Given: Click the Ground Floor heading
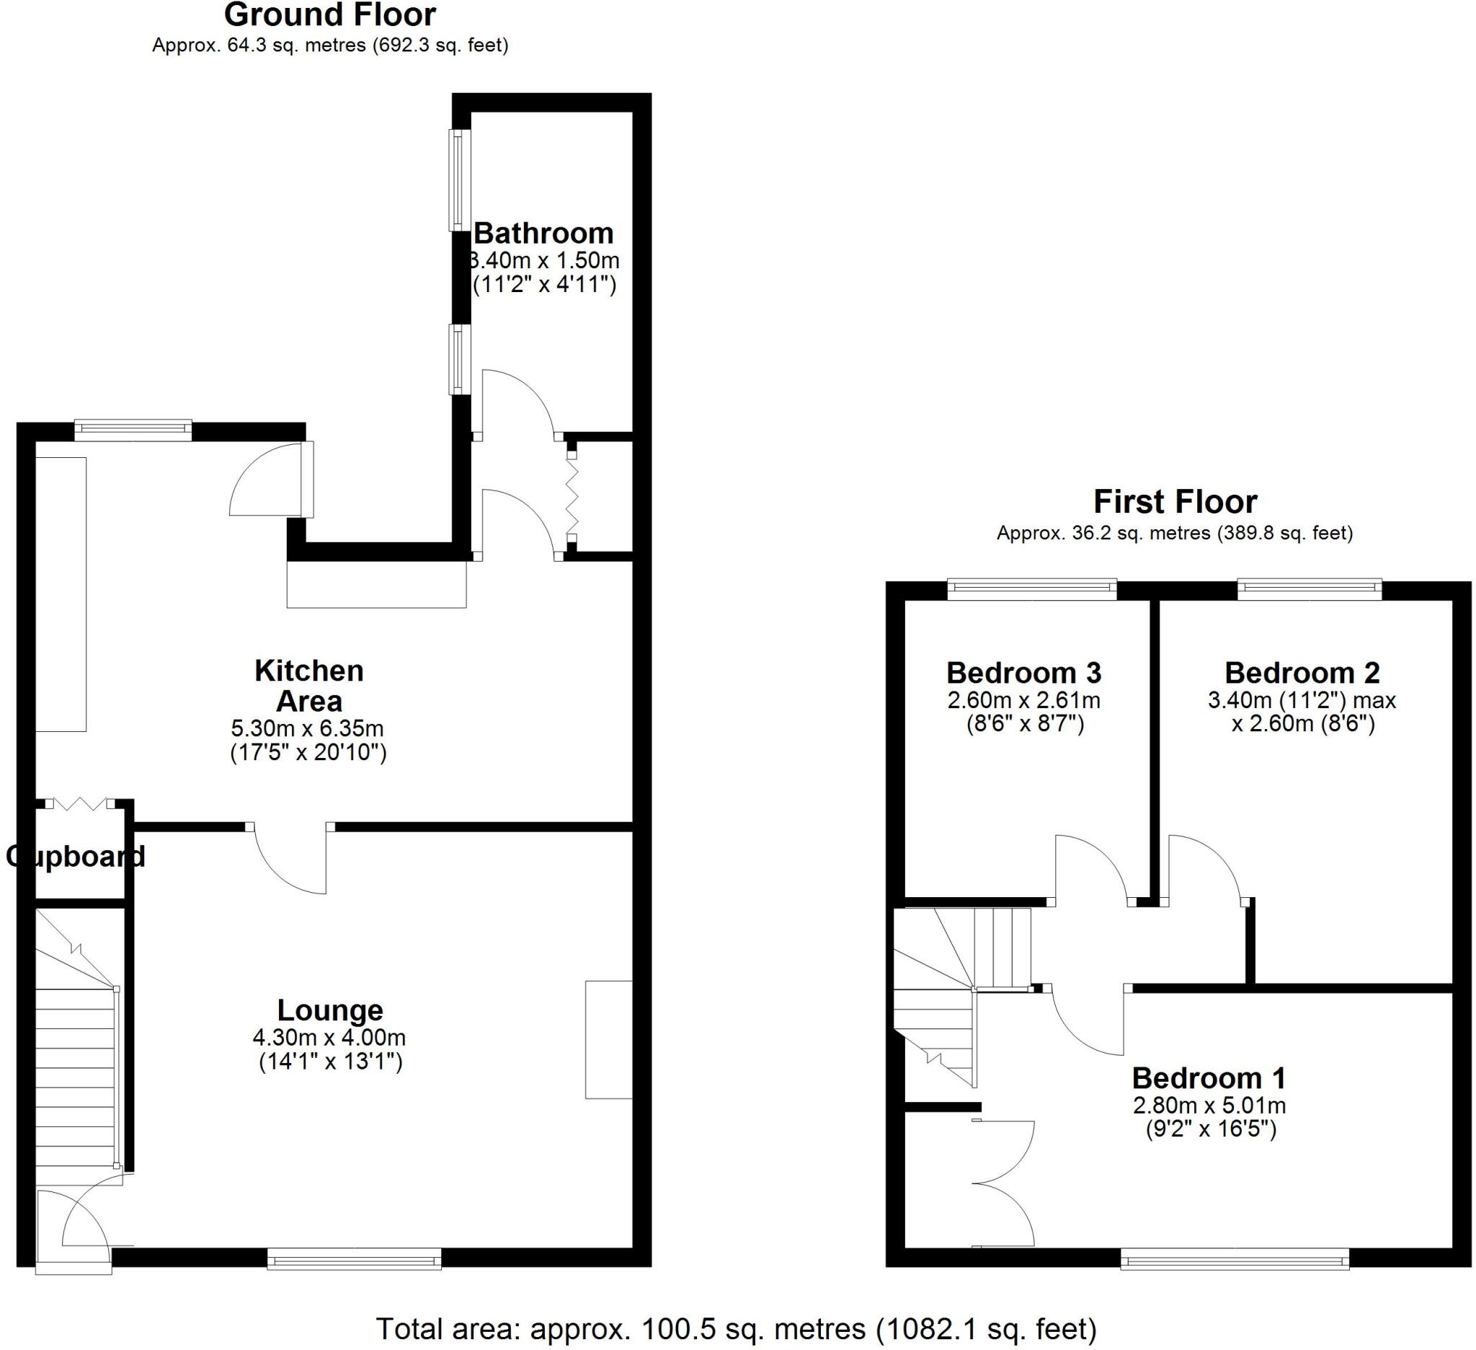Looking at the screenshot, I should (x=329, y=14).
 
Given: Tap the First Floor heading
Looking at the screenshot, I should (x=1174, y=503).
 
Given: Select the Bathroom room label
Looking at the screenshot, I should (x=544, y=234).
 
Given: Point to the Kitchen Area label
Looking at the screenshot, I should (x=309, y=686).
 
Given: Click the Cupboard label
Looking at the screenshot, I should (x=76, y=856).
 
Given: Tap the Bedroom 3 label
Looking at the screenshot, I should (x=1023, y=672).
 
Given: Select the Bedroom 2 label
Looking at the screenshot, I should (x=1302, y=672).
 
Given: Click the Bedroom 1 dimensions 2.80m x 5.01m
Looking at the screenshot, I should (x=1209, y=1106).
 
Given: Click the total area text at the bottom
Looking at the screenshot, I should (x=736, y=1329).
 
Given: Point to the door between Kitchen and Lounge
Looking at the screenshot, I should (x=290, y=858).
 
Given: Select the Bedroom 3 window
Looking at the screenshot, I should (x=1031, y=589).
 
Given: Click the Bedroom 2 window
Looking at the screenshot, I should (x=1309, y=589).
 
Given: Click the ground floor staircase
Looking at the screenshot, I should (x=76, y=1055).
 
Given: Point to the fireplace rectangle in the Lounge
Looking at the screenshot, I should (x=608, y=1039).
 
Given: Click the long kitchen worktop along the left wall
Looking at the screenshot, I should (x=61, y=594).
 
